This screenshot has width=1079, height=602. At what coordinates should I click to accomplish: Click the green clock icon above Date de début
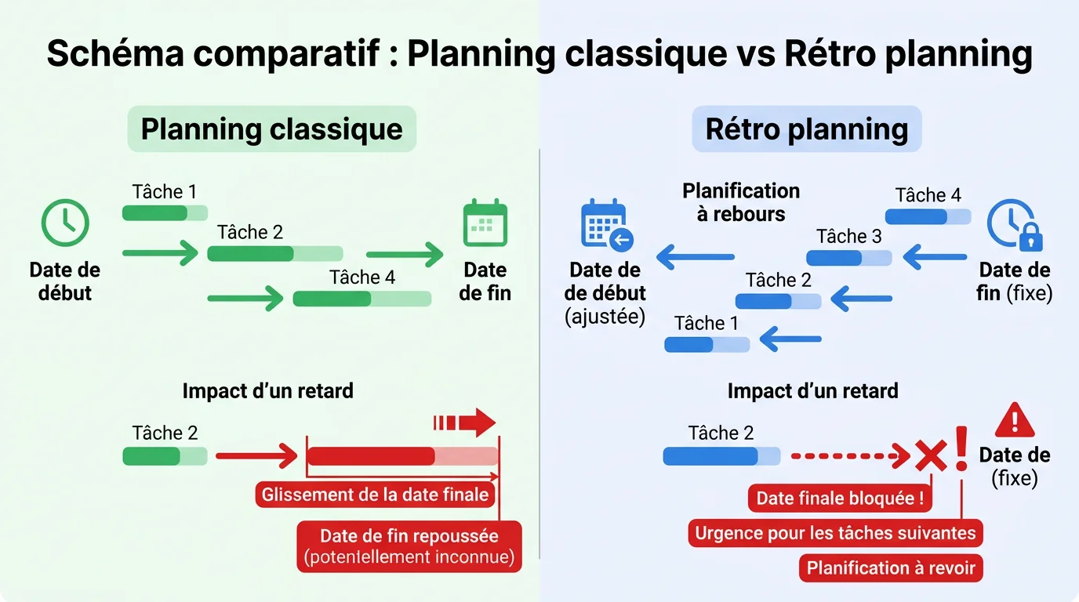pos(64,223)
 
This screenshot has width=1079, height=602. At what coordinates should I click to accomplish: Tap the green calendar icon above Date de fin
pos(485,223)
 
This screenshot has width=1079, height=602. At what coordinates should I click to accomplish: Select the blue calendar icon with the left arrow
pos(606,225)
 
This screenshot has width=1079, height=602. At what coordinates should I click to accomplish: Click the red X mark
pos(931,455)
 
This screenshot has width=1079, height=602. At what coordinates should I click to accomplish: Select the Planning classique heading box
pos(271,129)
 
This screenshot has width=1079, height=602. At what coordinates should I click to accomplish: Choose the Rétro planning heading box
pos(807,129)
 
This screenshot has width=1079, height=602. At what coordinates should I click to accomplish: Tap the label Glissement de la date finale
pos(375,495)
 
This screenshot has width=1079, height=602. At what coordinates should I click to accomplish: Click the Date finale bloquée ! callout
pos(841,499)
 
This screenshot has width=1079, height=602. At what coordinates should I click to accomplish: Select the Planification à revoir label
pos(891,568)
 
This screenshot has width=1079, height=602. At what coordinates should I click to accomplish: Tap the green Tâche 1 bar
pos(165,212)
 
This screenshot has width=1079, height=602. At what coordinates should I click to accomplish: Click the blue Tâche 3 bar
pos(848,258)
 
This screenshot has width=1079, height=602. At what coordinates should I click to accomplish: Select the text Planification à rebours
pos(741,202)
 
